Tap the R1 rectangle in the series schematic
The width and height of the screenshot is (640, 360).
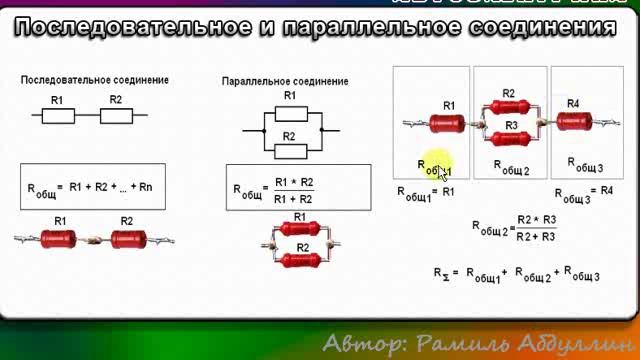[58, 116]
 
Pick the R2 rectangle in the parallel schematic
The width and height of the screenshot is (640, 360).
[289, 151]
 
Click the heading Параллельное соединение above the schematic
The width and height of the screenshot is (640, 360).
[285, 81]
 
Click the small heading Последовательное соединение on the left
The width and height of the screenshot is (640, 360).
[95, 79]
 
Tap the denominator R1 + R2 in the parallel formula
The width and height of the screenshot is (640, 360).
[294, 199]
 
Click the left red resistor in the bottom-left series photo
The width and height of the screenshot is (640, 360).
[60, 239]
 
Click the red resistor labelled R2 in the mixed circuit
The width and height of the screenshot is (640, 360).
[510, 109]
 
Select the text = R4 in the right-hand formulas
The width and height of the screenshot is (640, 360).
[601, 191]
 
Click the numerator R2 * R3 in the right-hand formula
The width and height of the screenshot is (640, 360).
[537, 218]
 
